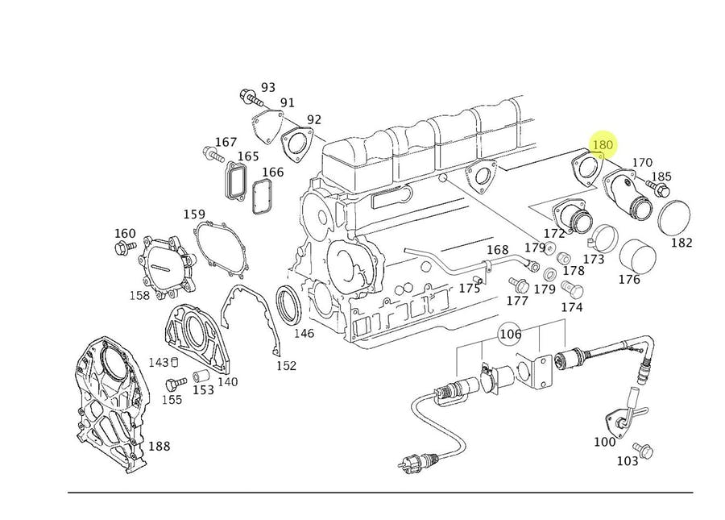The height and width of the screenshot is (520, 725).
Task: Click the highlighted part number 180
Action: coord(603,145)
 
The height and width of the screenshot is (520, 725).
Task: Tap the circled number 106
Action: coord(511,334)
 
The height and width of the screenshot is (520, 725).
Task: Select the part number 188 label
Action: coord(159,446)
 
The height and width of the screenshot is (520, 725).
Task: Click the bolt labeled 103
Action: coord(643,448)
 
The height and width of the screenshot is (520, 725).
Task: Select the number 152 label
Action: coord(286,365)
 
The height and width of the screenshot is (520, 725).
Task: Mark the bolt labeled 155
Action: coord(172,384)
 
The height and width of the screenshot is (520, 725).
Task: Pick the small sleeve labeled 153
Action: coord(201,376)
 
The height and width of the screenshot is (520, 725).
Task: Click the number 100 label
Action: coord(604,441)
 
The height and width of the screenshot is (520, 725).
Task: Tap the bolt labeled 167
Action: coord(212,152)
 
